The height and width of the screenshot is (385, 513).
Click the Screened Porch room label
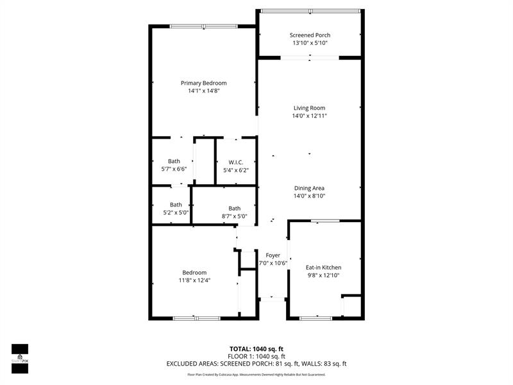pos(310,35)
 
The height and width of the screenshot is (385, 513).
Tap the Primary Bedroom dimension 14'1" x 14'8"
pos(203,90)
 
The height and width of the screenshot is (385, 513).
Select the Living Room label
pos(309,108)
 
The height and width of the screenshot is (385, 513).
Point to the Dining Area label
pos(309,188)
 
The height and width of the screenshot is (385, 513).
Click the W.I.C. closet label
pos(236,162)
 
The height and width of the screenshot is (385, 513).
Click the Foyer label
pos(273,255)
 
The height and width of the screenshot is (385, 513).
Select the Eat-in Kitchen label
pos(324,268)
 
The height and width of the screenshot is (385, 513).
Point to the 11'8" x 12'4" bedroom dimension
pos(194,280)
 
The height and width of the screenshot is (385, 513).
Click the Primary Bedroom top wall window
pos(203,26)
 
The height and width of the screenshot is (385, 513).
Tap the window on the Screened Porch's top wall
pos(310,11)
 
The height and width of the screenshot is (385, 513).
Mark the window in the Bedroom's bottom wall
pos(196,318)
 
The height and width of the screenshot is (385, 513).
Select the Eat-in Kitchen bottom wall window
pos(316,318)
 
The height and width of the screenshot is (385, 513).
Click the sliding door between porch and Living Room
pos(310,58)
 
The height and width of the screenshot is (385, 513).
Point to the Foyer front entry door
pos(272,299)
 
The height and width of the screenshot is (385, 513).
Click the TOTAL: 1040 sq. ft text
pos(256,349)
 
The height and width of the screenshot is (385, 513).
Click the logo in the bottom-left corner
pos(20,359)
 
